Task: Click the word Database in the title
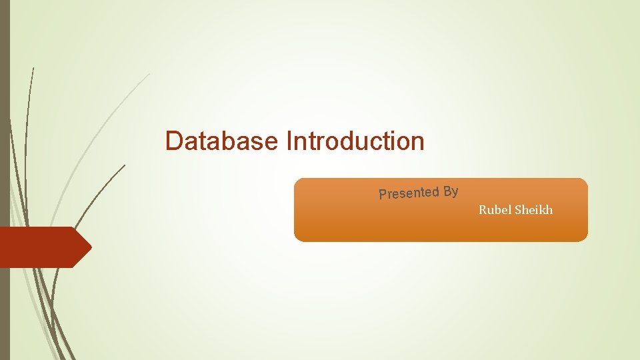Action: pyautogui.click(x=222, y=141)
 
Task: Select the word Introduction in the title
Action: pyautogui.click(x=355, y=141)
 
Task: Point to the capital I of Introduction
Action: pyautogui.click(x=289, y=141)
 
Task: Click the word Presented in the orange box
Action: pyautogui.click(x=409, y=193)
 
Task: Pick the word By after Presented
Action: pyautogui.click(x=451, y=192)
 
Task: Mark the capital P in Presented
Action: pyautogui.click(x=383, y=195)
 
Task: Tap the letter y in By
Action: pyautogui.click(x=455, y=193)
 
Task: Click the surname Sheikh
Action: pyautogui.click(x=534, y=210)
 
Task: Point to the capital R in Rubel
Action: pyautogui.click(x=483, y=210)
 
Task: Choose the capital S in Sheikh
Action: pyautogui.click(x=519, y=210)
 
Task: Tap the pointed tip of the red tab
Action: pyautogui.click(x=91, y=247)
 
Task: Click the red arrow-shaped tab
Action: pyautogui.click(x=40, y=247)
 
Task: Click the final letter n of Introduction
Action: pyautogui.click(x=418, y=141)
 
